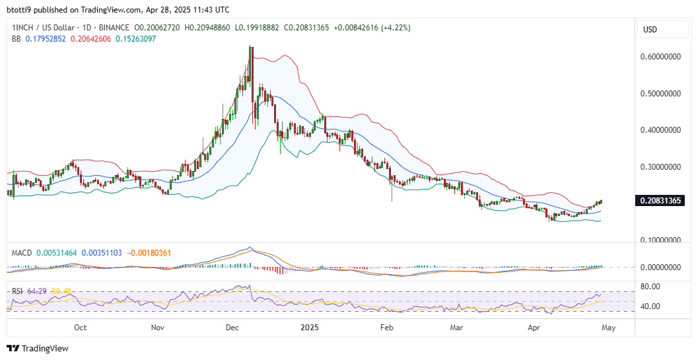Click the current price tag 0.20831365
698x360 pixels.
(661, 200)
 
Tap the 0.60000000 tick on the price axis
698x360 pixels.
(661, 57)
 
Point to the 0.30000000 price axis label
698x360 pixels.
(661, 167)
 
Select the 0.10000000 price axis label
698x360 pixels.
(661, 240)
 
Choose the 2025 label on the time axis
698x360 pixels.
(310, 327)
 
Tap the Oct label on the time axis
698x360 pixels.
(81, 327)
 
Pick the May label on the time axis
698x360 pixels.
(608, 327)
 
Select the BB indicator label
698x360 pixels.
(17, 39)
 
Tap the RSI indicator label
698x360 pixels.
(18, 291)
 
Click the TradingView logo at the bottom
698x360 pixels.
(38, 348)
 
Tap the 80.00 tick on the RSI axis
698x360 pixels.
(650, 287)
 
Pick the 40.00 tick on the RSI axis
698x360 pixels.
(650, 306)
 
